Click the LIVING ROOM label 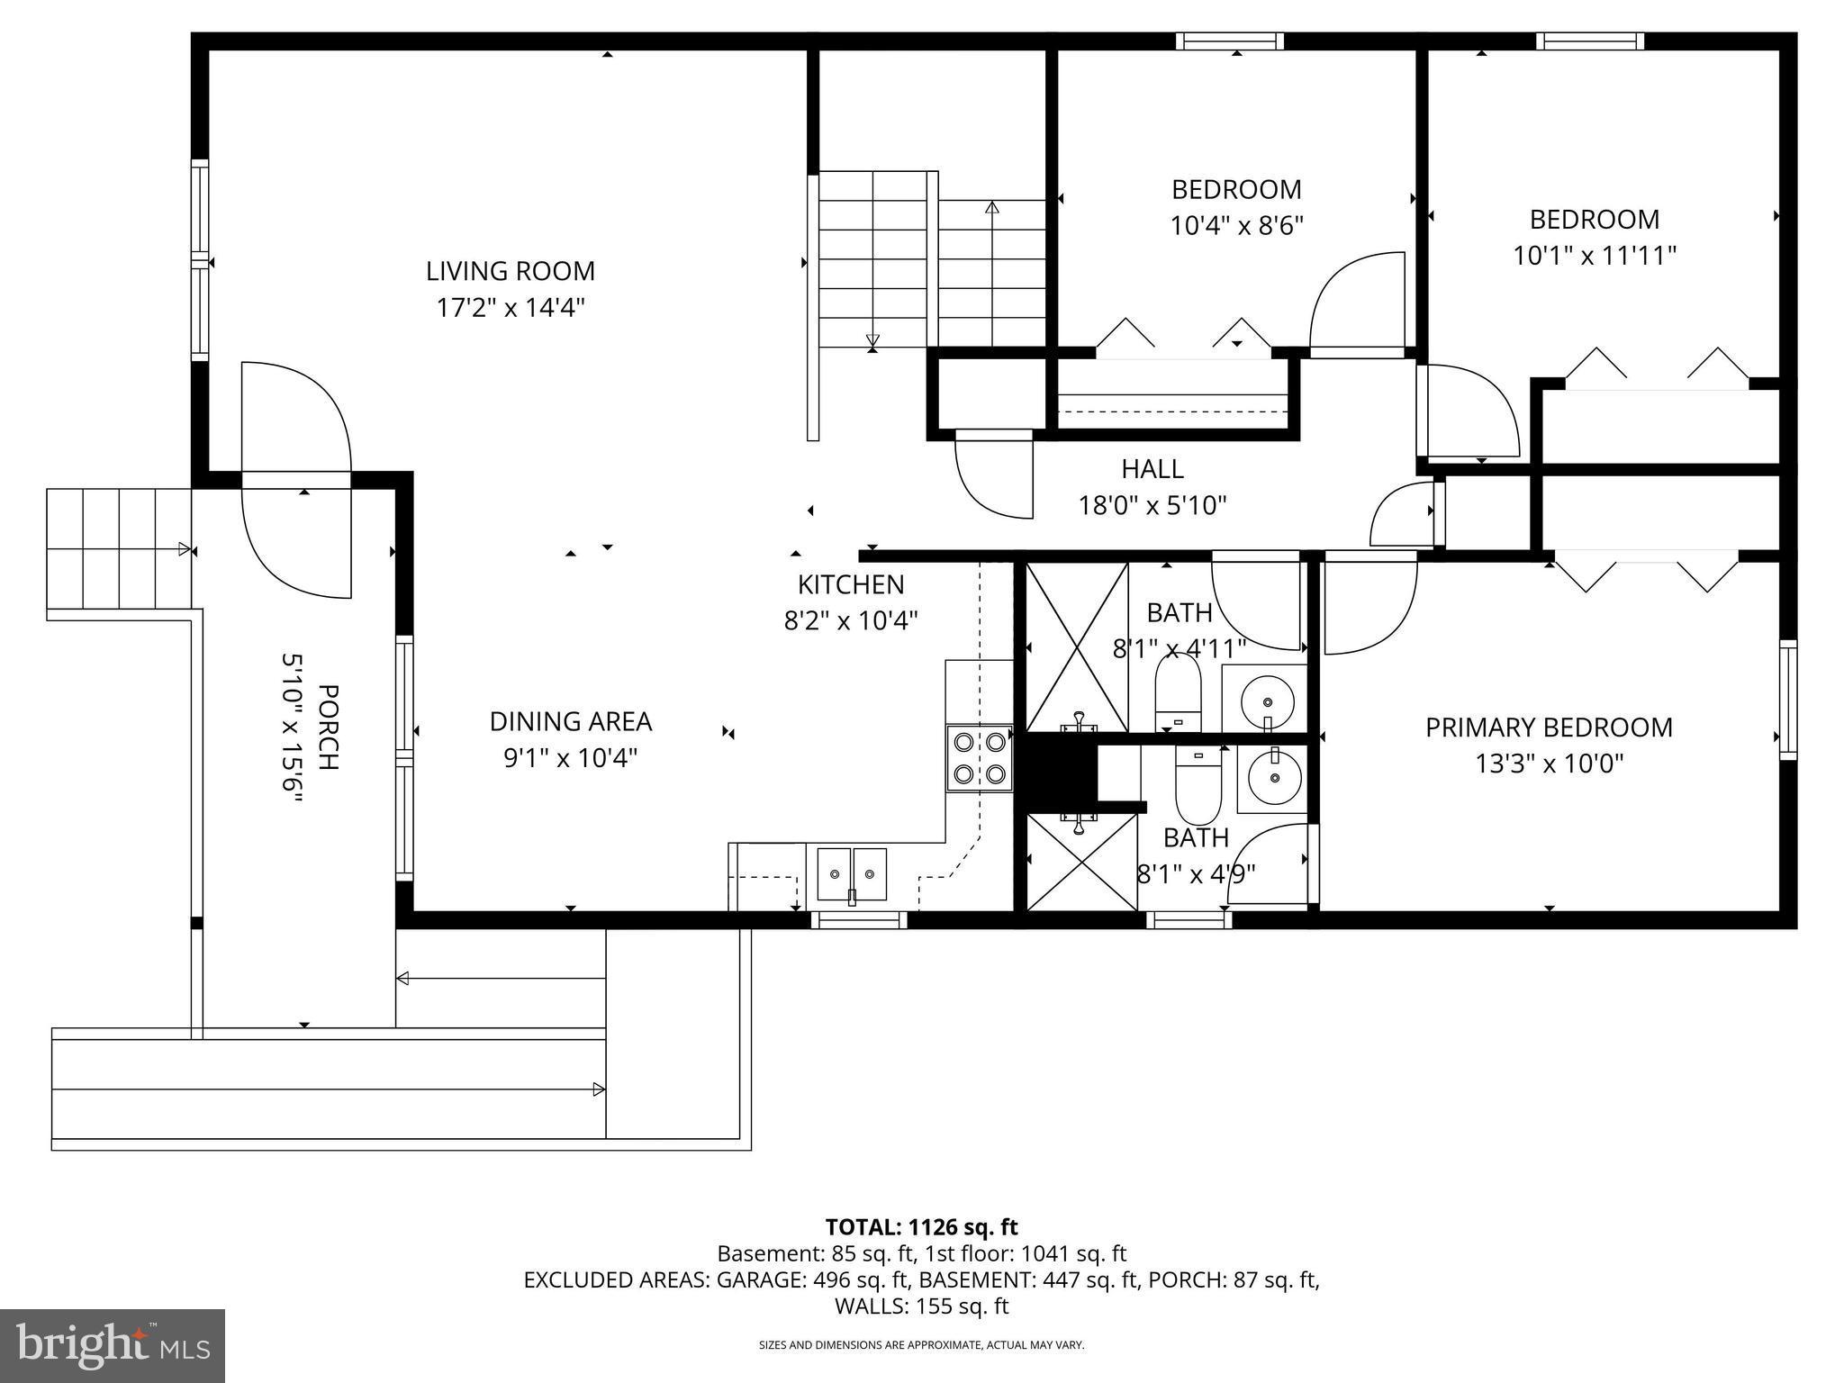pos(510,270)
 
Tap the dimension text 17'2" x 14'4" pos(510,308)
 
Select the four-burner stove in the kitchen pos(980,758)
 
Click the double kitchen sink pos(851,873)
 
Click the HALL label pos(1152,469)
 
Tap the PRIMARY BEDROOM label pos(1548,728)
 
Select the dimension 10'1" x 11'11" pos(1594,257)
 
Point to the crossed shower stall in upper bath pos(1077,646)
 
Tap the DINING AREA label pos(570,721)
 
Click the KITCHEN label pos(850,584)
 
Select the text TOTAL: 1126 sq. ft pos(921,1227)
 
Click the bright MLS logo pos(113,1345)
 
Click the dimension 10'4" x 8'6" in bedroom pos(1236,225)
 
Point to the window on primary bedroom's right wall pos(1787,700)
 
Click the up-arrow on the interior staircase pos(992,209)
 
